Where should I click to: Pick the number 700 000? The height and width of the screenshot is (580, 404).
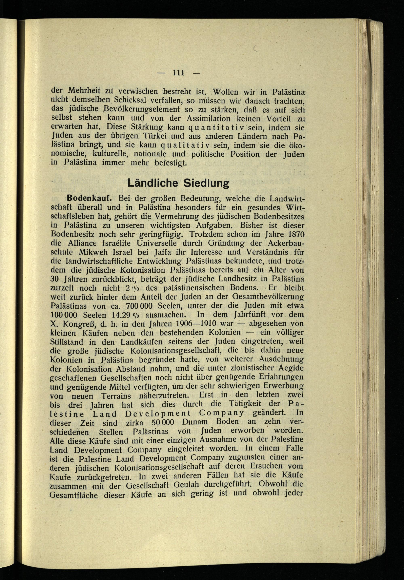click(x=139, y=306)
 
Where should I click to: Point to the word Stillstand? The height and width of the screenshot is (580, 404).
click(x=67, y=342)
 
